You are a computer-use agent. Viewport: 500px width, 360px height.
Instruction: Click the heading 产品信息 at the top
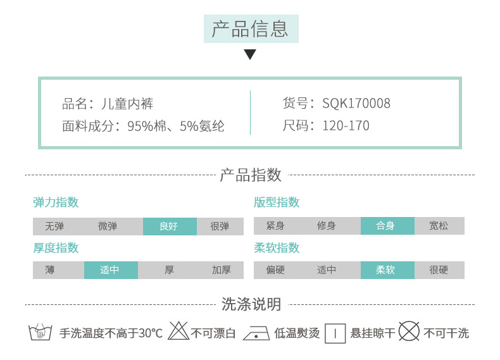pos(250,28)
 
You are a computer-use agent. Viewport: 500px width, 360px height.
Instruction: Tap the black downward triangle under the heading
pos(250,54)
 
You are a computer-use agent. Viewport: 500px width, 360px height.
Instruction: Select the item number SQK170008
pos(356,103)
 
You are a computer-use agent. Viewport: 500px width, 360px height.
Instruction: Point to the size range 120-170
pos(346,125)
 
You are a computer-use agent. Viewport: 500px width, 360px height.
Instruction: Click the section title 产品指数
pos(250,175)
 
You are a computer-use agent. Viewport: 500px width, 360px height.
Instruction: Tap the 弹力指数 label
pos(56,202)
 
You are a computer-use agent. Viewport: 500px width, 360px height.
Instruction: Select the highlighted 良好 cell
pos(169,226)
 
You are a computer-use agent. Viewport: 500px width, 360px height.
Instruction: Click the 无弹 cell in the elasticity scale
pos(54,226)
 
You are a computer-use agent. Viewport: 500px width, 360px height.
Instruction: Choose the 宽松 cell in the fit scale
pos(439,226)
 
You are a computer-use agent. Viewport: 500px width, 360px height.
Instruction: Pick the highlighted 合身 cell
pos(385,226)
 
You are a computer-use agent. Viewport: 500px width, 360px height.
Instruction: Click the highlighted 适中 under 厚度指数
pos(109,270)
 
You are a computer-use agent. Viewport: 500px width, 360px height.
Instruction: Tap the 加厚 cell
pos(221,270)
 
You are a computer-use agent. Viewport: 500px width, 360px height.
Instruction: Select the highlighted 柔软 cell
pos(385,270)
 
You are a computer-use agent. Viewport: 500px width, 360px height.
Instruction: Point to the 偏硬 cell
pos(275,270)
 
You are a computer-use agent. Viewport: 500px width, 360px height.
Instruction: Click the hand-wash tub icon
pos(41,332)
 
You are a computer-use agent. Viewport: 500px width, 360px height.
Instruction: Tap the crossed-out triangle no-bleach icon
pos(178,331)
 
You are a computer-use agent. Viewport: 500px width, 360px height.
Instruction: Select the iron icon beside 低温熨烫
pos(257,332)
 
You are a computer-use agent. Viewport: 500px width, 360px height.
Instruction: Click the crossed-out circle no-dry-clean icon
pos(409,332)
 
